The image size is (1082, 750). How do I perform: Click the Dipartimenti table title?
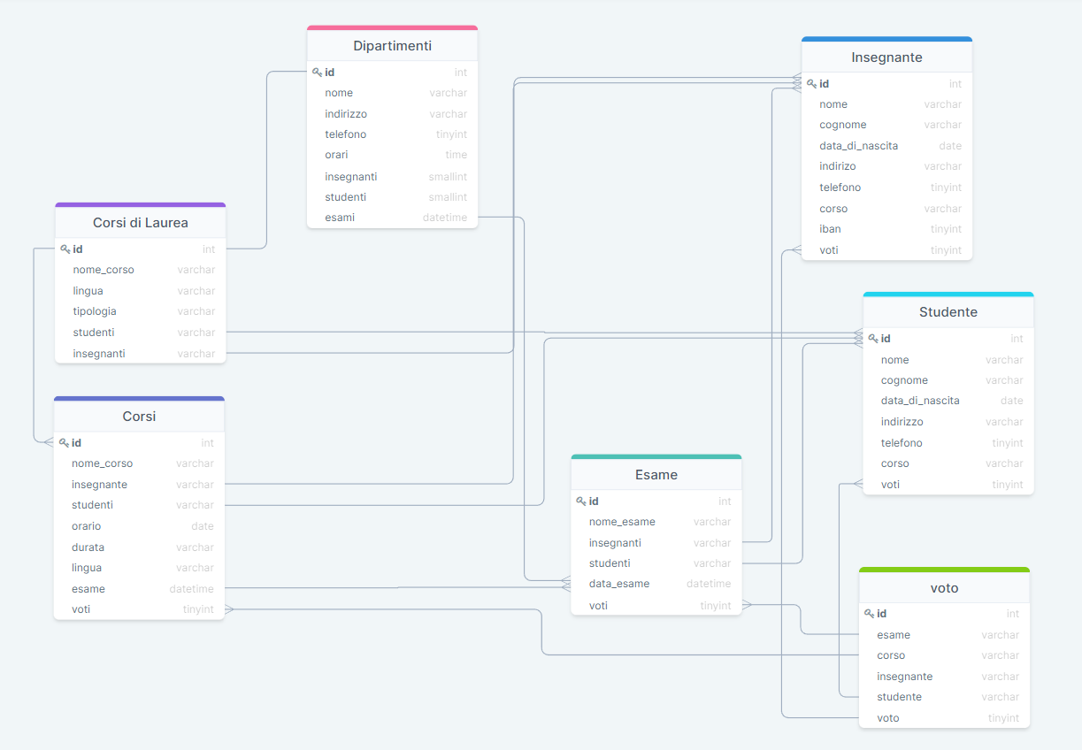click(x=392, y=46)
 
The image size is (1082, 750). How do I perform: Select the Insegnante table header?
click(x=886, y=57)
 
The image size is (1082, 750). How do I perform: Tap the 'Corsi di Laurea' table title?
click(x=141, y=223)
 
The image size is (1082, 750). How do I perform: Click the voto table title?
click(x=944, y=588)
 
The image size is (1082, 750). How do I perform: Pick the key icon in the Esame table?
click(x=581, y=501)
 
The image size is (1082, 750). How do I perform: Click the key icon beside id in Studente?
click(x=873, y=339)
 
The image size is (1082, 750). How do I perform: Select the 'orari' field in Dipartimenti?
click(x=336, y=155)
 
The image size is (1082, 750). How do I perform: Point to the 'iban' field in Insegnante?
click(x=830, y=229)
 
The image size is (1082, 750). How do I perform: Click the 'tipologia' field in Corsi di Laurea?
click(x=95, y=311)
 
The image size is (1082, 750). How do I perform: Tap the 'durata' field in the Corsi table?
click(x=88, y=547)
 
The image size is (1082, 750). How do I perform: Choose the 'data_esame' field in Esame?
click(x=619, y=584)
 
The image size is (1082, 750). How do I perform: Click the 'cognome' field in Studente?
click(x=904, y=380)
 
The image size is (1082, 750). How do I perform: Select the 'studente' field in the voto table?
click(x=899, y=697)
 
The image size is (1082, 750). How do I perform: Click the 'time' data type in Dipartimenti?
click(x=456, y=155)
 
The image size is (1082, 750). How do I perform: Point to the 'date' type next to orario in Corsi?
click(x=203, y=526)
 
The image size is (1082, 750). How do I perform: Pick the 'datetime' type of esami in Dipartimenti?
click(x=445, y=218)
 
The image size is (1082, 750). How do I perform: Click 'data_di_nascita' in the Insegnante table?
click(x=858, y=146)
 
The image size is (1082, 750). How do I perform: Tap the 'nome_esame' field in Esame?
click(x=622, y=522)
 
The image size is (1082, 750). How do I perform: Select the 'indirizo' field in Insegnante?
click(x=837, y=166)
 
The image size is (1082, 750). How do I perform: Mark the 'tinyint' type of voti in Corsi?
click(x=198, y=609)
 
